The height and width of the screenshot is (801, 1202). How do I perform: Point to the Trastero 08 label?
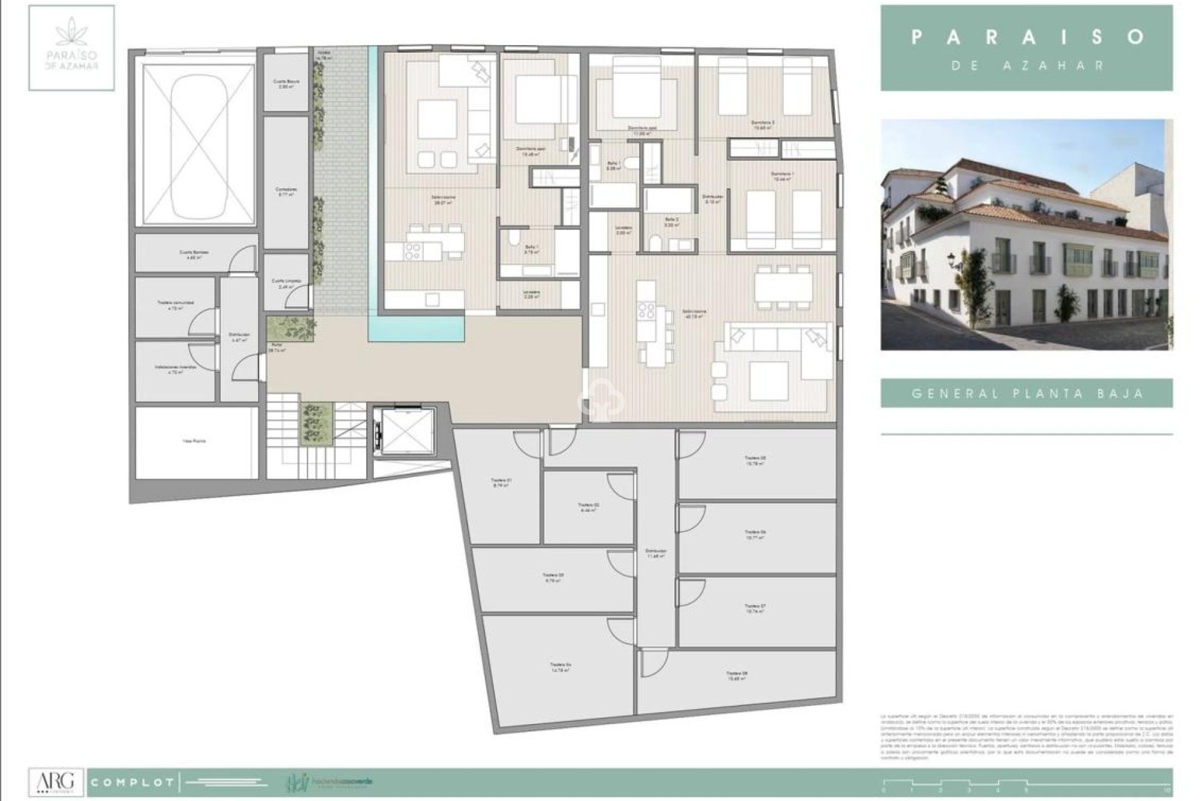click(x=736, y=676)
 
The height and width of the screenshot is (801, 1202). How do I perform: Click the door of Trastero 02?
click(x=621, y=485)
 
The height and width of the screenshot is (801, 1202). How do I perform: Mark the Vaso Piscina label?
click(x=194, y=441)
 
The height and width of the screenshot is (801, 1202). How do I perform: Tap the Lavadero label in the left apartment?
click(x=532, y=294)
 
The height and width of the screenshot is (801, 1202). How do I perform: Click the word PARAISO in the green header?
click(x=1027, y=37)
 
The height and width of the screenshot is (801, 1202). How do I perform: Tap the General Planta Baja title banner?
click(x=1027, y=394)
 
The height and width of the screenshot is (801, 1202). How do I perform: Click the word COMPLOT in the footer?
click(x=132, y=783)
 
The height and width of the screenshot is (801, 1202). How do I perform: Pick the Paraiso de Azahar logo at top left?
click(x=71, y=48)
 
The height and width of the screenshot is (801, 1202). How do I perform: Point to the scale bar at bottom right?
click(x=1027, y=785)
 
